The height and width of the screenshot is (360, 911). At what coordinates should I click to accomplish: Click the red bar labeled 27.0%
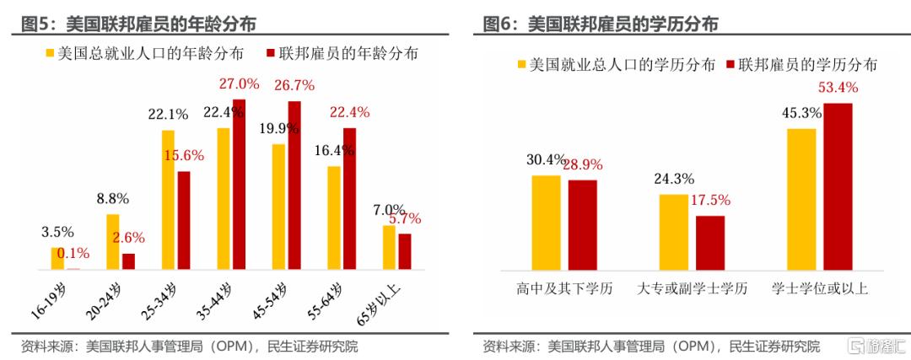(239, 185)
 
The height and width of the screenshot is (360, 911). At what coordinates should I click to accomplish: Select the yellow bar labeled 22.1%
(168, 200)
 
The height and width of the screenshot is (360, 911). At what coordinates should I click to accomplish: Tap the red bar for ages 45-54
(294, 185)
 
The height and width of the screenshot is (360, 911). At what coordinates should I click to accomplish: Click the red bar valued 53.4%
(838, 186)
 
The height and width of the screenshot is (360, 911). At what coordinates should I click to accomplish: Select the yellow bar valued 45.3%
(801, 199)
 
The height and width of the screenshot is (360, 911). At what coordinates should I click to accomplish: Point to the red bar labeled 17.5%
(710, 243)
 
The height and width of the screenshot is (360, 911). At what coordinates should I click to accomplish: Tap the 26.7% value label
(291, 85)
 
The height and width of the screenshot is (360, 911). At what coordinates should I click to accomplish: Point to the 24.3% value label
(673, 179)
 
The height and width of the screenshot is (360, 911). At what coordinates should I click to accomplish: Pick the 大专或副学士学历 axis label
(692, 289)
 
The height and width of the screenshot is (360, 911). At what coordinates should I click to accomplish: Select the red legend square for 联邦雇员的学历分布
(730, 64)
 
